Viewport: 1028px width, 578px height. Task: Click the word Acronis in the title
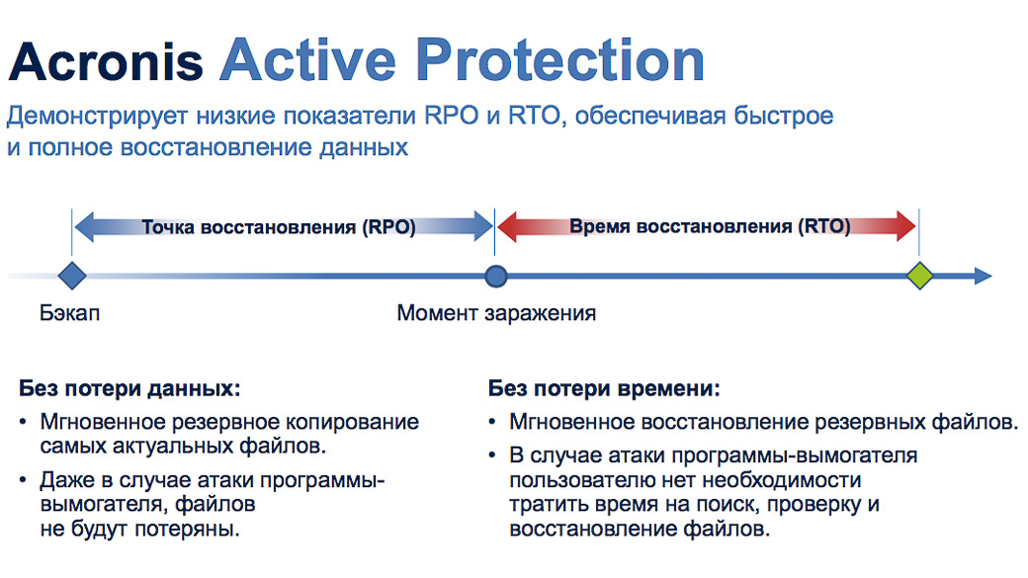[x=106, y=61]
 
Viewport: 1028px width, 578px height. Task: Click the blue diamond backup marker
[x=72, y=276]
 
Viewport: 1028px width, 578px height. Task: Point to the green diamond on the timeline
[x=920, y=276]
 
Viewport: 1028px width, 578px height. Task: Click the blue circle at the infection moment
[x=496, y=277]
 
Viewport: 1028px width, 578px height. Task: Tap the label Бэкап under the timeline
[x=69, y=313]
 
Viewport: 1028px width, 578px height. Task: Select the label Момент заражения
[x=496, y=313]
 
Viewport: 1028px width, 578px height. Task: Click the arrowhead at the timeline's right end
[x=984, y=276]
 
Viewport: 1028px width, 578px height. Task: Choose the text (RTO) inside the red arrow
[x=824, y=226]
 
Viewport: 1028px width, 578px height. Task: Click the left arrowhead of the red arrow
[x=507, y=226]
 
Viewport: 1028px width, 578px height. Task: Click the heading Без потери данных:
[x=129, y=388]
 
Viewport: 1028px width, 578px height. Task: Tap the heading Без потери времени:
[x=604, y=388]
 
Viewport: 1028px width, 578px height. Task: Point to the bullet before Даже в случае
[x=23, y=480]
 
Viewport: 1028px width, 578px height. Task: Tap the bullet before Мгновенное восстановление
[x=492, y=422]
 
